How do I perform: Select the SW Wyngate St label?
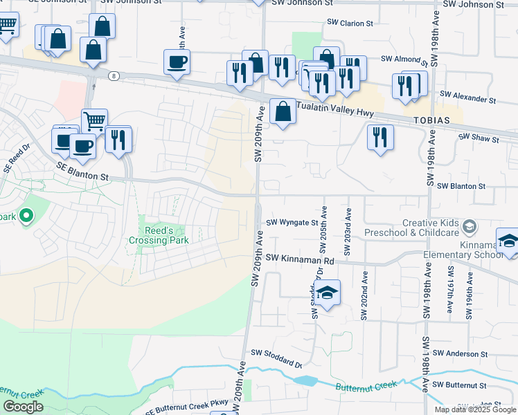pyautogui.click(x=292, y=223)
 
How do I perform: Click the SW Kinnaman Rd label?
pyautogui.click(x=300, y=259)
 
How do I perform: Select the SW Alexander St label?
pyautogui.click(x=467, y=98)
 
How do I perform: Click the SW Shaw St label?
pyautogui.click(x=479, y=139)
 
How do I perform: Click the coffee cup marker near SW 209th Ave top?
pyautogui.click(x=177, y=62)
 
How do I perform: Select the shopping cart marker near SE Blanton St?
pyautogui.click(x=94, y=122)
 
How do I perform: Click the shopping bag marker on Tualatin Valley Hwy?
pyautogui.click(x=283, y=111)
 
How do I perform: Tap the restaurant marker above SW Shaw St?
pyautogui.click(x=380, y=136)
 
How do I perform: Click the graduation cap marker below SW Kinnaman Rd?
pyautogui.click(x=328, y=293)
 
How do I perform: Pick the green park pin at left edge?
pyautogui.click(x=26, y=216)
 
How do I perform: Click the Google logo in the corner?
pyautogui.click(x=22, y=407)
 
